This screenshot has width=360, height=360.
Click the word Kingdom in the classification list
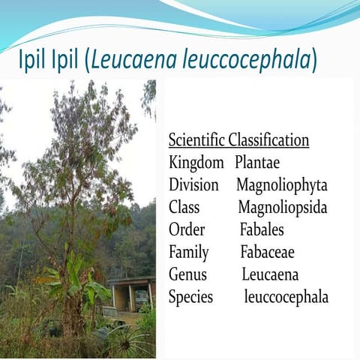[196, 162]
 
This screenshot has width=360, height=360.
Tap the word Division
[194, 184]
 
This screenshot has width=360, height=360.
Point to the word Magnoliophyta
[282, 184]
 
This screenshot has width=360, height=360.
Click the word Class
[184, 207]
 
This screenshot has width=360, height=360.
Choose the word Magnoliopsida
[283, 207]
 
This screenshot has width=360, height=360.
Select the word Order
[187, 229]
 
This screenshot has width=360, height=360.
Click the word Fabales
[262, 229]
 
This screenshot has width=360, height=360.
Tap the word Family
[189, 252]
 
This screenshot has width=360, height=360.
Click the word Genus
[187, 274]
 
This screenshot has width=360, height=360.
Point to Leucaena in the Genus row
[270, 274]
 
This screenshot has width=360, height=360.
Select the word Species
[190, 297]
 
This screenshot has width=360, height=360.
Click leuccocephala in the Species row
[286, 297]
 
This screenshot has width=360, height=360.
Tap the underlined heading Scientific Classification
[238, 140]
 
